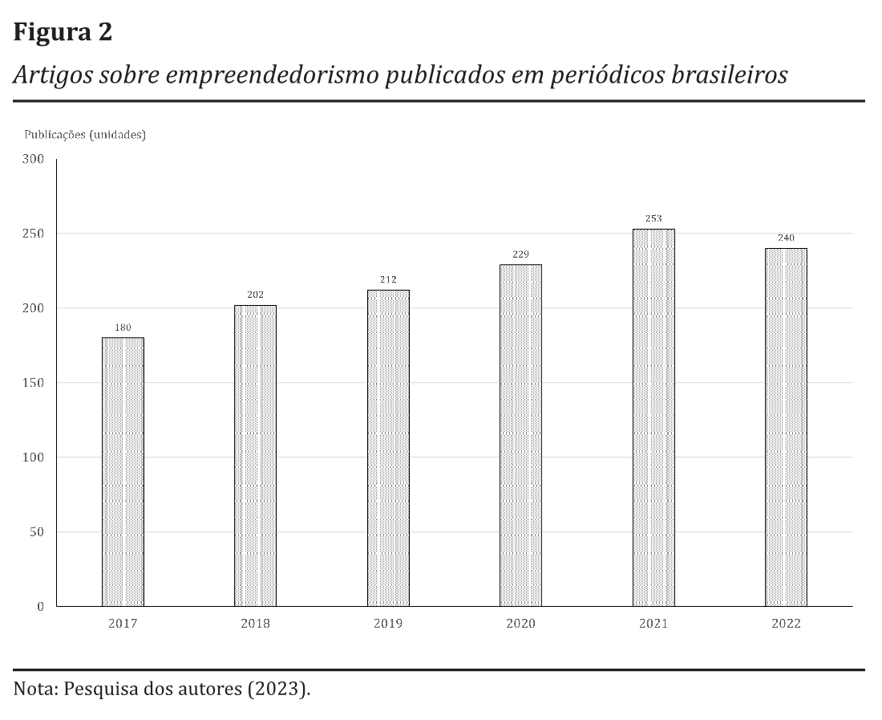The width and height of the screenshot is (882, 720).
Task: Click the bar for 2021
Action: point(653,417)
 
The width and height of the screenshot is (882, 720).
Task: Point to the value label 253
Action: point(653,218)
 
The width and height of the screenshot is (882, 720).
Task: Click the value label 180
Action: point(123,327)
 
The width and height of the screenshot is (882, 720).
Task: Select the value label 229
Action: point(520,254)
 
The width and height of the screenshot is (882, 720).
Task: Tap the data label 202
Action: point(255,295)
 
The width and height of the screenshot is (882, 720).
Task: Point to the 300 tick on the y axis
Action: point(33,159)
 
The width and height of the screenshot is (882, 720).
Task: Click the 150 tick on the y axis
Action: point(33,383)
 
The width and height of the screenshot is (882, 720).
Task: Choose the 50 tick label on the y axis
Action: point(36,532)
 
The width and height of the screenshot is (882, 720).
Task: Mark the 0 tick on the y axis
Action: point(39,607)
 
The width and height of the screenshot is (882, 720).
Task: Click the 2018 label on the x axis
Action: point(255,624)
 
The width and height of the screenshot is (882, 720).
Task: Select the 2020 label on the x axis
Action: point(520,624)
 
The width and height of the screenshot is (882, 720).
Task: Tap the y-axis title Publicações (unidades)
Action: point(84,135)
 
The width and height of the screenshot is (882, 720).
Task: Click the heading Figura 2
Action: point(63,33)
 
